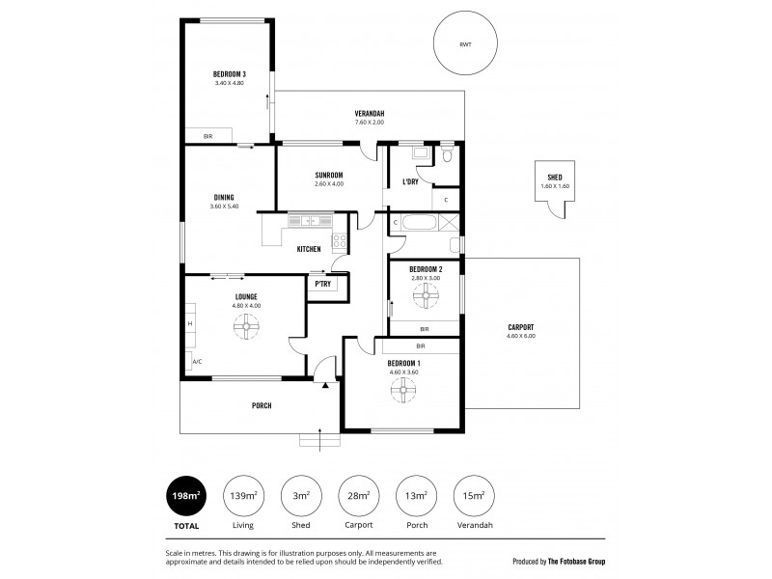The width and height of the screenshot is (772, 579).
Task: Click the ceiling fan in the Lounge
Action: tap(247, 329)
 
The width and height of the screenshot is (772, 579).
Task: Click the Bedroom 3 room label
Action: tap(230, 74)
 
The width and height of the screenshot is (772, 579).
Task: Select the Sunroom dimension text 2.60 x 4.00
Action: tap(329, 183)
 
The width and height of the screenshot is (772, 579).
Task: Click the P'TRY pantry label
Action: tap(322, 284)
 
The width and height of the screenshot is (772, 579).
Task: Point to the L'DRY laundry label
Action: tap(409, 181)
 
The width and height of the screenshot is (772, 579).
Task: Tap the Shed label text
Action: tap(554, 177)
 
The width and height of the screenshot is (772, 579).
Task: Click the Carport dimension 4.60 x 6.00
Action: tap(520, 336)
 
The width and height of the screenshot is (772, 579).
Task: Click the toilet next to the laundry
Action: tap(446, 154)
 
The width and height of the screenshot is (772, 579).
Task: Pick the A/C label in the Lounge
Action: tap(197, 362)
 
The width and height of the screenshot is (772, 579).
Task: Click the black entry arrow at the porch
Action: tap(327, 385)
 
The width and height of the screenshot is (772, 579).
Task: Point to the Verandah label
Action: tap(369, 113)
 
